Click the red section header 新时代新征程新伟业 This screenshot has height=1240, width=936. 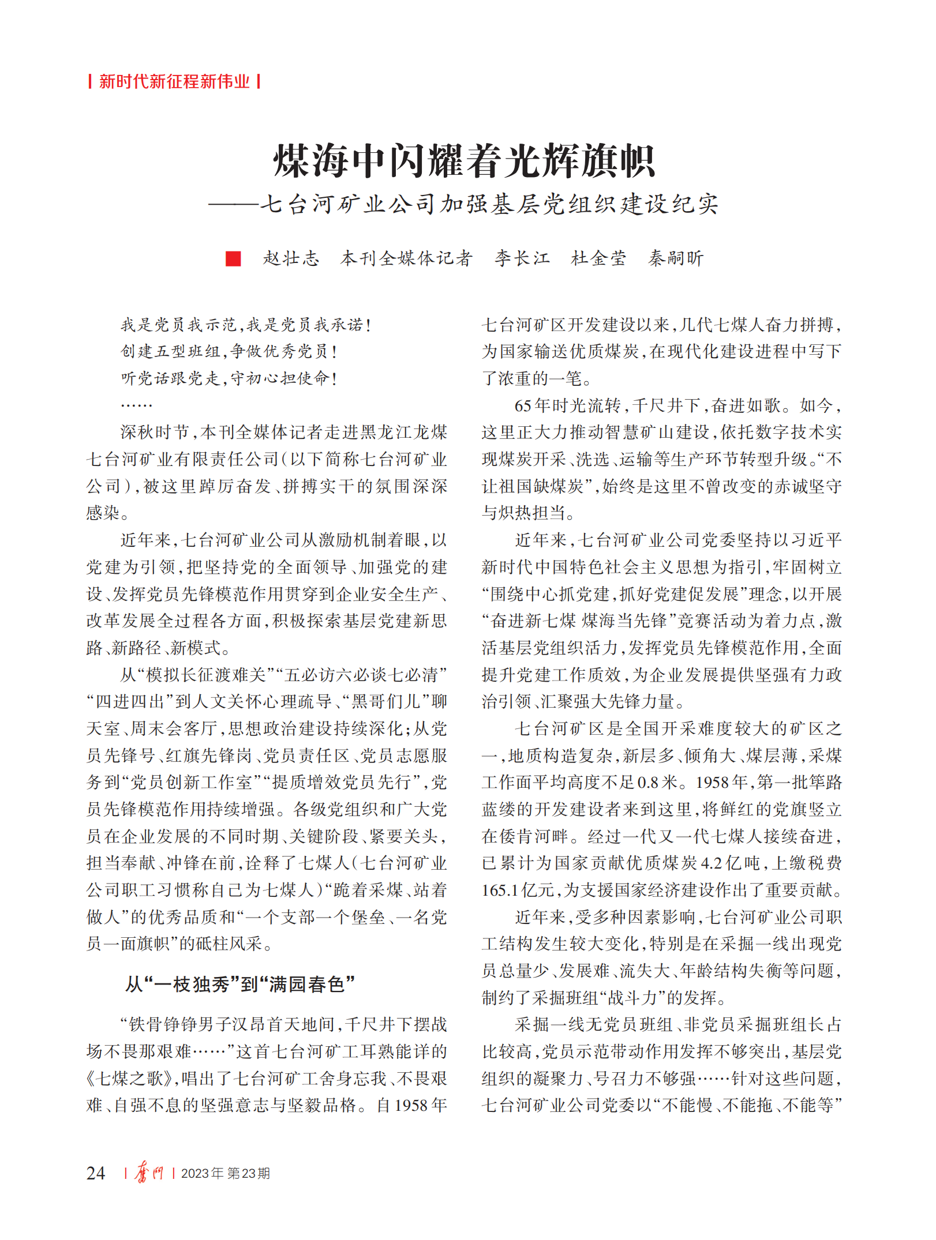174,81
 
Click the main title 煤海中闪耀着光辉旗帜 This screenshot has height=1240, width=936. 464,161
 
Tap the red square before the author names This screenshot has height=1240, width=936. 233,258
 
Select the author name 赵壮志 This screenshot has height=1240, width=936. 291,258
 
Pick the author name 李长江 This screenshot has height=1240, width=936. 522,258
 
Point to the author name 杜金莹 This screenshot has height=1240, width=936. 598,258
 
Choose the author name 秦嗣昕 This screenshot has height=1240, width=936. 676,258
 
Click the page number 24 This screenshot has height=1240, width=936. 96,1173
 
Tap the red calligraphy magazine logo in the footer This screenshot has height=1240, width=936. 149,1173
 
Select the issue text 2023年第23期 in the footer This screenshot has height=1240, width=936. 226,1173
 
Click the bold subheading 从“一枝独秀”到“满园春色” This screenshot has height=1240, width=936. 240,984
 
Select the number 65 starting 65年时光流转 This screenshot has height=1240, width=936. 523,405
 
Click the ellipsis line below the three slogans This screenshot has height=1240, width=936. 136,405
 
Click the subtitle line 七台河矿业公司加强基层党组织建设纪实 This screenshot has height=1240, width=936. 489,204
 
